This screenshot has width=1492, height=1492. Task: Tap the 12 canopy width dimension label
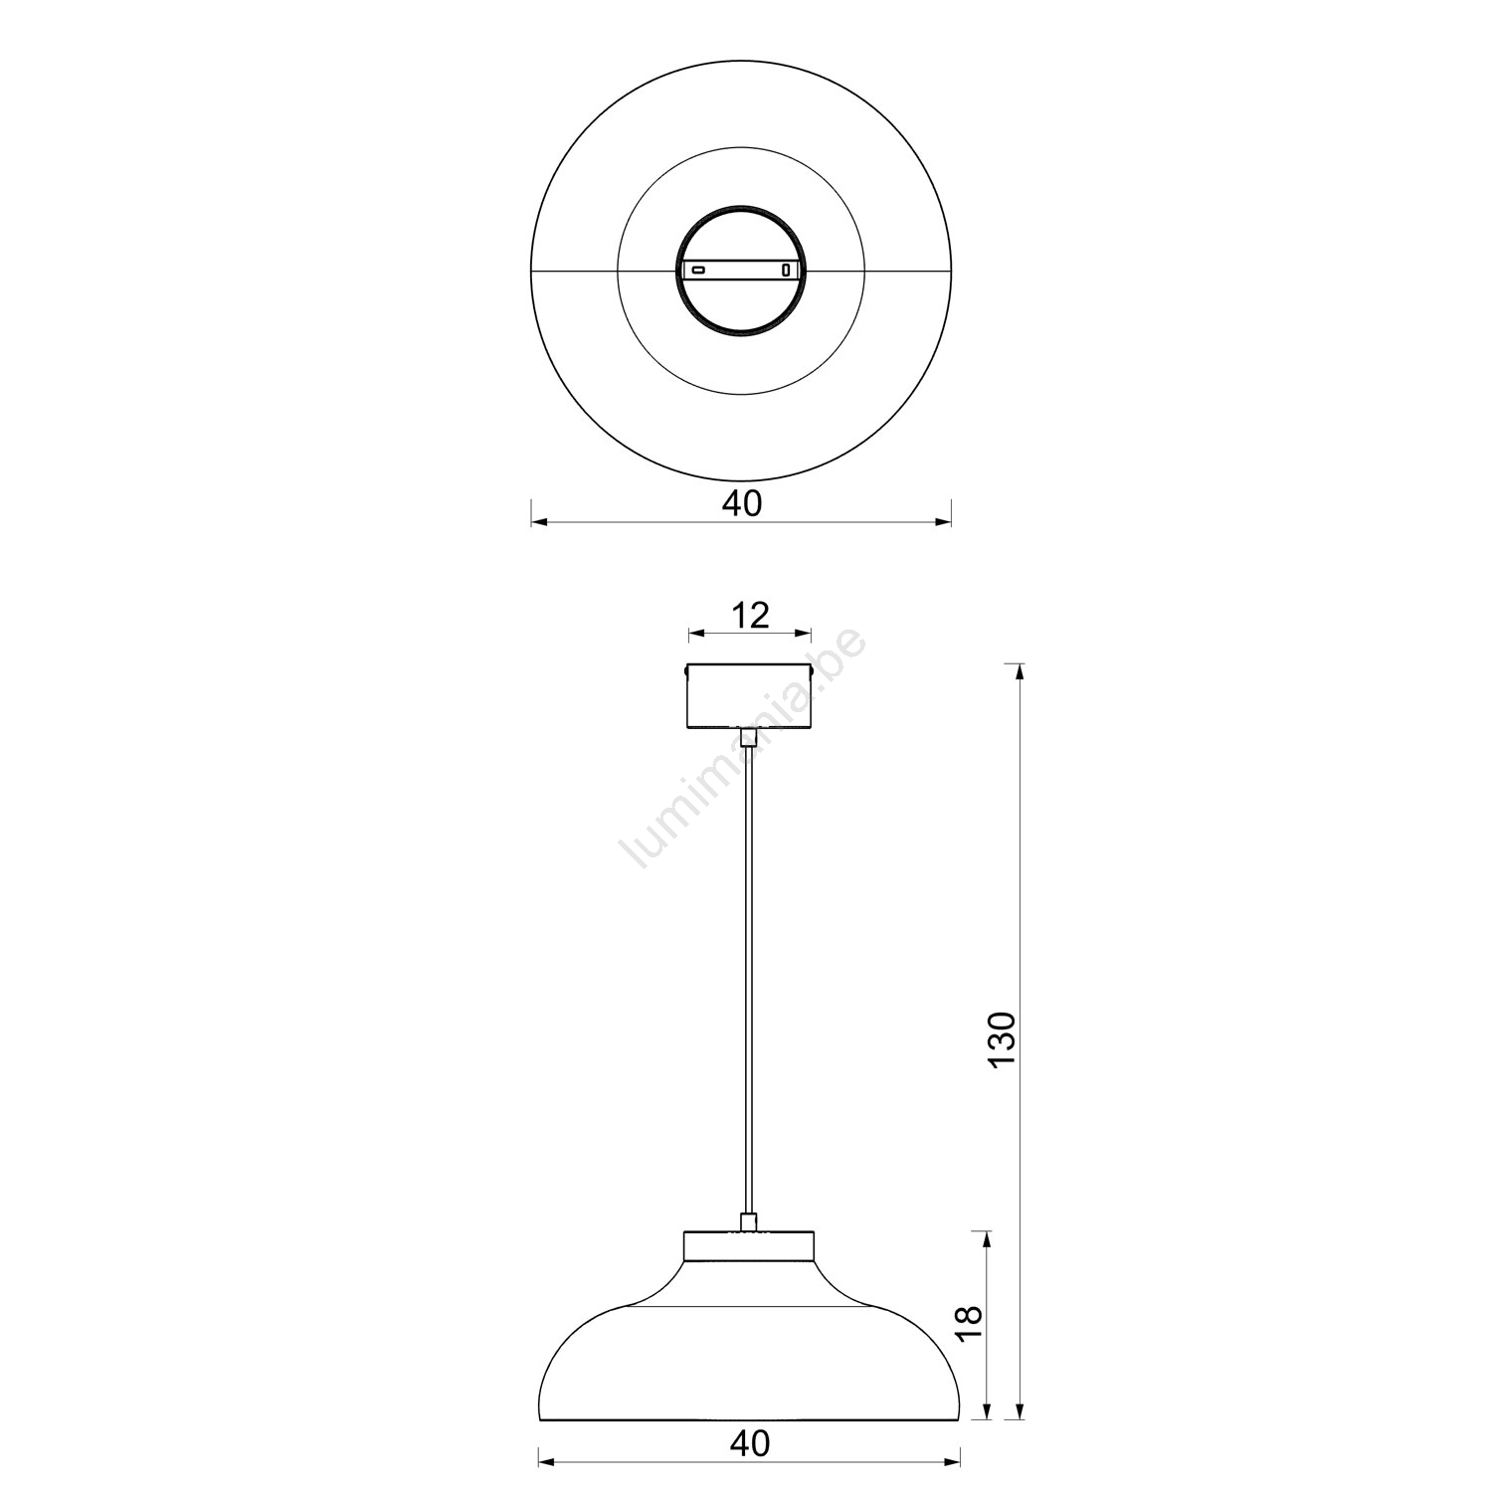coord(750,615)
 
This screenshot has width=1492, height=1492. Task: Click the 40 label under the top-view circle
coord(741,503)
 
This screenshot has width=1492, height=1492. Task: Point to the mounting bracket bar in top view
coord(741,270)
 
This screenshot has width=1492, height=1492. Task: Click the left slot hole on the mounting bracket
coord(698,270)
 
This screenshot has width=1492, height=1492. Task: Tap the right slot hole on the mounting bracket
coord(786,270)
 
